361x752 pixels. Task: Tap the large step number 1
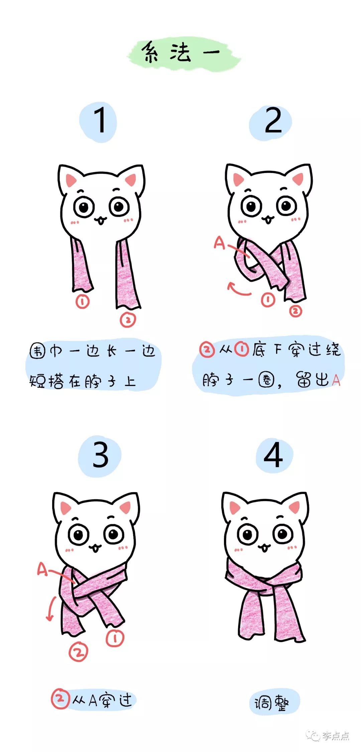pos(100,121)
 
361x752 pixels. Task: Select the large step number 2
pos(273,121)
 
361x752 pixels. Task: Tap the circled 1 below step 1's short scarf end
pos(83,302)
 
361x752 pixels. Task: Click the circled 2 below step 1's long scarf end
pos(128,320)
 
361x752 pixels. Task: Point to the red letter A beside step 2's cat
pos(219,243)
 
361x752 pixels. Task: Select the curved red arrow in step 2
pos(238,289)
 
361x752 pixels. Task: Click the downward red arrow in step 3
pos(51,609)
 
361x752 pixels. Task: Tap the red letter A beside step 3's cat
pos(42,569)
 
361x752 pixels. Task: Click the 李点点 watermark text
pos(336,736)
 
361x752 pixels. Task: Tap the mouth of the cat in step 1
pos(100,220)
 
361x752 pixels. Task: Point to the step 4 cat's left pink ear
pos(235,508)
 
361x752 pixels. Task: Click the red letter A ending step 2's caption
pos(336,380)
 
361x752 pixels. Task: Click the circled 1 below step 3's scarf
pos(115,638)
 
